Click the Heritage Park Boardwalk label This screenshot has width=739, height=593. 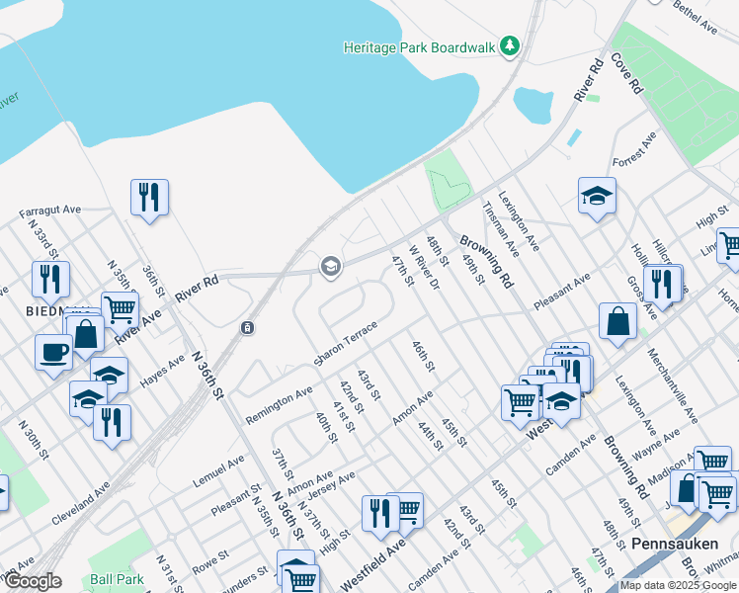(x=420, y=46)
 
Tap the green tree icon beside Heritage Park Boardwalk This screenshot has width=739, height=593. (x=510, y=45)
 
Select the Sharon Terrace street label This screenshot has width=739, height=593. (x=346, y=342)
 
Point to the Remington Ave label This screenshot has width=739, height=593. (x=279, y=405)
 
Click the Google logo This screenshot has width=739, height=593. (x=32, y=581)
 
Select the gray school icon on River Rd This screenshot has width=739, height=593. (x=330, y=265)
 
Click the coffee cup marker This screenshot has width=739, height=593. (x=53, y=351)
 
